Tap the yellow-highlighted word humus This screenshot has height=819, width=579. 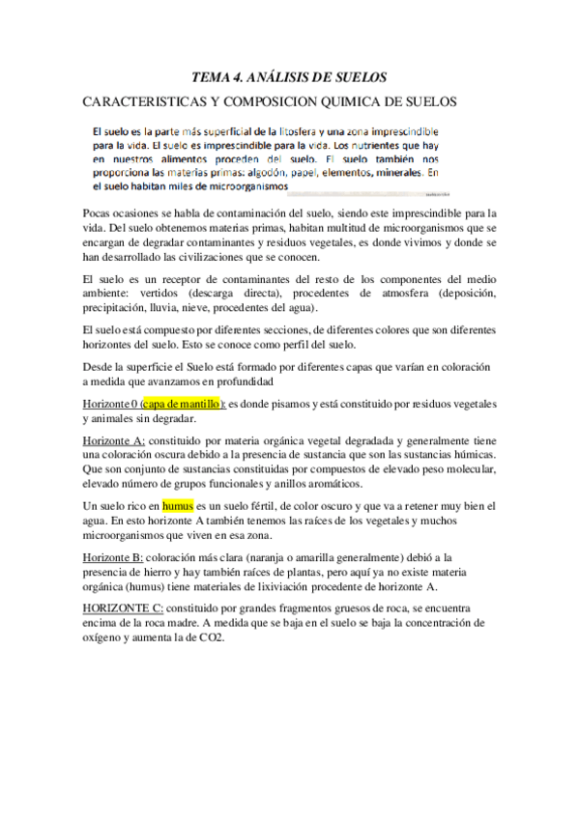178,505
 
